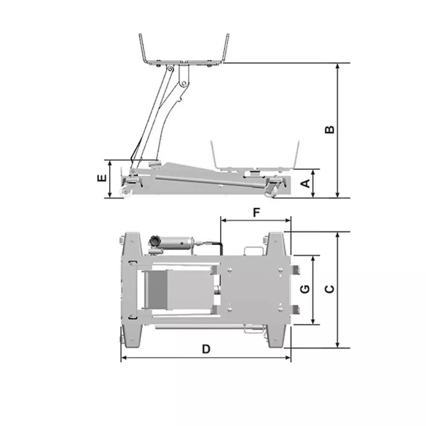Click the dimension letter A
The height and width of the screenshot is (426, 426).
point(306,184)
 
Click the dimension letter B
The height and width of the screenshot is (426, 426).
point(330,130)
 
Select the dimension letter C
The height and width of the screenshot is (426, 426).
point(330,289)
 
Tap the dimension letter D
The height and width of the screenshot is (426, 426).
point(206,348)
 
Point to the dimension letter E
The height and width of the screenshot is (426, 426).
point(102,178)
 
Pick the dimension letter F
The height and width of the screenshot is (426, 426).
point(256,213)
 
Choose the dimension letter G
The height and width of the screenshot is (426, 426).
point(305,289)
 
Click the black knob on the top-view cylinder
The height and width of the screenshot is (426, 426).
point(155,241)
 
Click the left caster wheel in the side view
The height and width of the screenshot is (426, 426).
point(126,191)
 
